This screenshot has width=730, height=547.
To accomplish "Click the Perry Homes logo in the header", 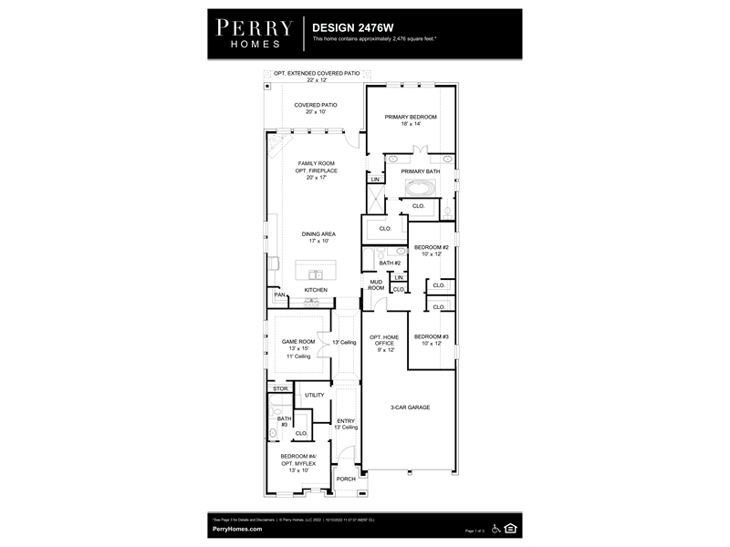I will pyautogui.click(x=254, y=32).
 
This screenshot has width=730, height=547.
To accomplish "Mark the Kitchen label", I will pyautogui.click(x=316, y=290).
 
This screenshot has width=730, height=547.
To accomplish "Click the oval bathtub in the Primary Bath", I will pyautogui.click(x=421, y=189).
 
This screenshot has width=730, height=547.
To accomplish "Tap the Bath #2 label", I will pyautogui.click(x=390, y=263).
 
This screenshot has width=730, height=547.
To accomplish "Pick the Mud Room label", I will pyautogui.click(x=375, y=285).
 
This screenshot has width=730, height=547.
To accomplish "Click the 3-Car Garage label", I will pyautogui.click(x=410, y=408).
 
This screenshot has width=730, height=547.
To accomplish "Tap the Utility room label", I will pyautogui.click(x=315, y=395).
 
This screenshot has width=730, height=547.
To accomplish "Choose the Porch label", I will pyautogui.click(x=346, y=479).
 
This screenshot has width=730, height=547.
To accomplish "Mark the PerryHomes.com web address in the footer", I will pyautogui.click(x=237, y=529).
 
